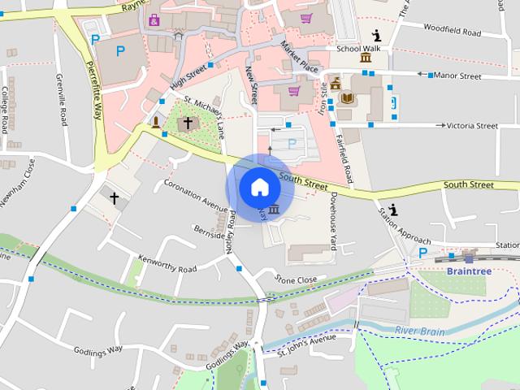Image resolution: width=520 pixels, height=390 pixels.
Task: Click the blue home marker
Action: click(259, 187)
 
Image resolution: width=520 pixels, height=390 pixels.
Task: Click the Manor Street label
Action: click(458, 76)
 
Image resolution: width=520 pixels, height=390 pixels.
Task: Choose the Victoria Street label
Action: click(472, 126)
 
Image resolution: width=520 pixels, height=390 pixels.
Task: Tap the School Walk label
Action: click(358, 48)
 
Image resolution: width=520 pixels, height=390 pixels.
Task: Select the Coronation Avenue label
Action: click(196, 193)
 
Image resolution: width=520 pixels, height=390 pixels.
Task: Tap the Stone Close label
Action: click(295, 280)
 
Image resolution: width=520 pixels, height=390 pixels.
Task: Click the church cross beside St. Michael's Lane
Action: click(188, 123)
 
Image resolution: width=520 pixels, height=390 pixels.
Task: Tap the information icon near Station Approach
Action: click(393, 210)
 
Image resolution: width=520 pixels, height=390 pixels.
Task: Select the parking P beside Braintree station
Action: click(422, 253)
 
